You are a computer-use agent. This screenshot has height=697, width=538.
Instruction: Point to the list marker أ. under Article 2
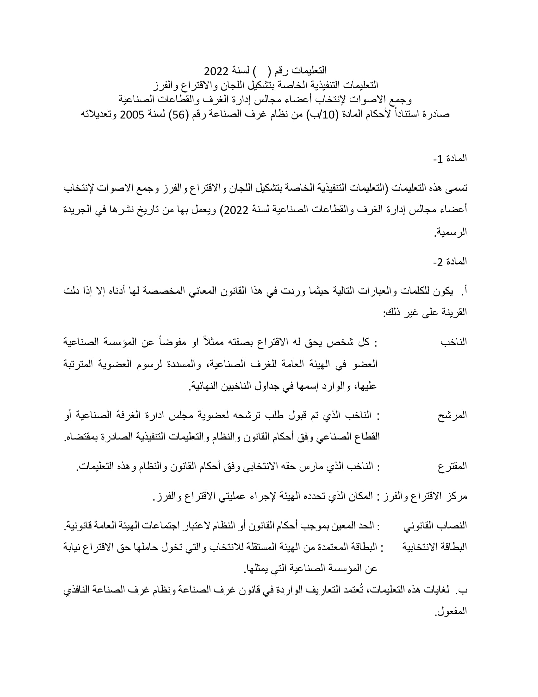pos(464,291)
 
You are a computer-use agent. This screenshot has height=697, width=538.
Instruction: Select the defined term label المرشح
pos(452,415)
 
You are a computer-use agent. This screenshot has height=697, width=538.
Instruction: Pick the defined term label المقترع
pos(452,466)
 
